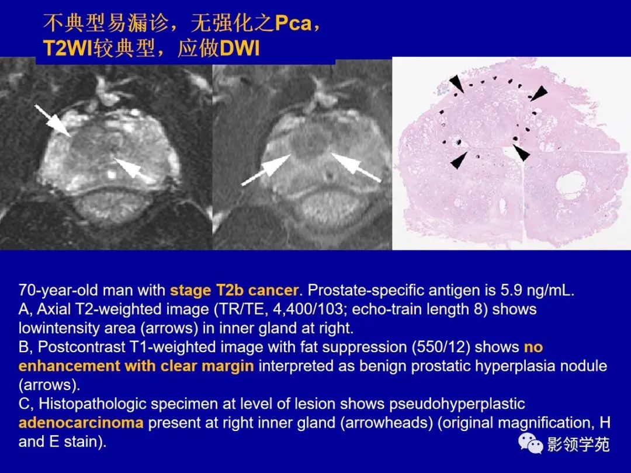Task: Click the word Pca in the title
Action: click(296, 25)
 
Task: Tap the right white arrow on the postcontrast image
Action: click(356, 168)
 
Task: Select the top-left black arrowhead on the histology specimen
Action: click(457, 85)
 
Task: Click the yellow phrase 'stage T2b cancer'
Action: click(234, 290)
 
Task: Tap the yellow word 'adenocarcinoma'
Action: click(81, 422)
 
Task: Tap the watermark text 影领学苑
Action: click(578, 445)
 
